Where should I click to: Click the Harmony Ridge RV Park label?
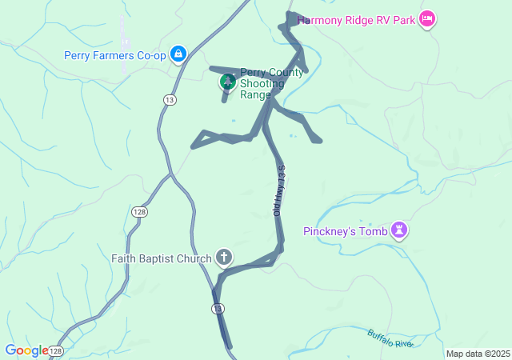click(356, 20)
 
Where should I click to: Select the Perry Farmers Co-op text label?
click(114, 55)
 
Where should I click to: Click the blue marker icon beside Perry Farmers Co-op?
click(178, 54)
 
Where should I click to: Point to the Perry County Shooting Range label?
click(270, 83)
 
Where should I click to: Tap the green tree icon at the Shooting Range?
click(228, 81)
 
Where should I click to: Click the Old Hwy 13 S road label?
click(279, 191)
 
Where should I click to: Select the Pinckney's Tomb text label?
click(345, 232)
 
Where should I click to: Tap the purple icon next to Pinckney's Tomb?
click(398, 232)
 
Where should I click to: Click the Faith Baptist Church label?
click(161, 258)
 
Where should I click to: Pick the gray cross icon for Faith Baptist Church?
click(225, 258)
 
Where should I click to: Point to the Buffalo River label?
click(390, 338)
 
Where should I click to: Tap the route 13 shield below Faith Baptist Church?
click(218, 309)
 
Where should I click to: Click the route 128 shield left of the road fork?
click(139, 210)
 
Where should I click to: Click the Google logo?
click(26, 350)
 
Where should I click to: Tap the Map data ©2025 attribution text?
click(478, 354)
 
